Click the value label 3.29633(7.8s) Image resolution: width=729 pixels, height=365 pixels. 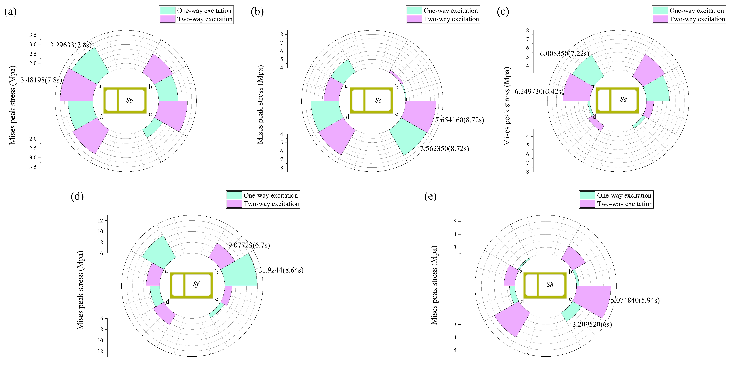point(71,45)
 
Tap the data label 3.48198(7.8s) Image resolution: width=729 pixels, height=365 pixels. point(41,80)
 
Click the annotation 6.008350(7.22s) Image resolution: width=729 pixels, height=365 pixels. point(565,54)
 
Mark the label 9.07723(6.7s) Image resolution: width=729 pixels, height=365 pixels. point(249,245)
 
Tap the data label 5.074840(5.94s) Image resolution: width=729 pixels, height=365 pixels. point(635,300)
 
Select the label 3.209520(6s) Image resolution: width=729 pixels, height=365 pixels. point(592,324)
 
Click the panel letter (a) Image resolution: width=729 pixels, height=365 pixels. point(10,12)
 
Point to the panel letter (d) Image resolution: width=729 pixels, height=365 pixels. point(77,196)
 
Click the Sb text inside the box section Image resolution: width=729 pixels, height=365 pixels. point(129,100)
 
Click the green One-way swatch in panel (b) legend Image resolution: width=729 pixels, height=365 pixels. point(414,10)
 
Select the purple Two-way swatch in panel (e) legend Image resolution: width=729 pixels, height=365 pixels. point(587,204)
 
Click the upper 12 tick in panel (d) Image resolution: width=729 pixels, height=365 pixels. point(100,220)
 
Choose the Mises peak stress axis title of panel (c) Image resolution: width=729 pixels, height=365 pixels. point(507,106)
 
